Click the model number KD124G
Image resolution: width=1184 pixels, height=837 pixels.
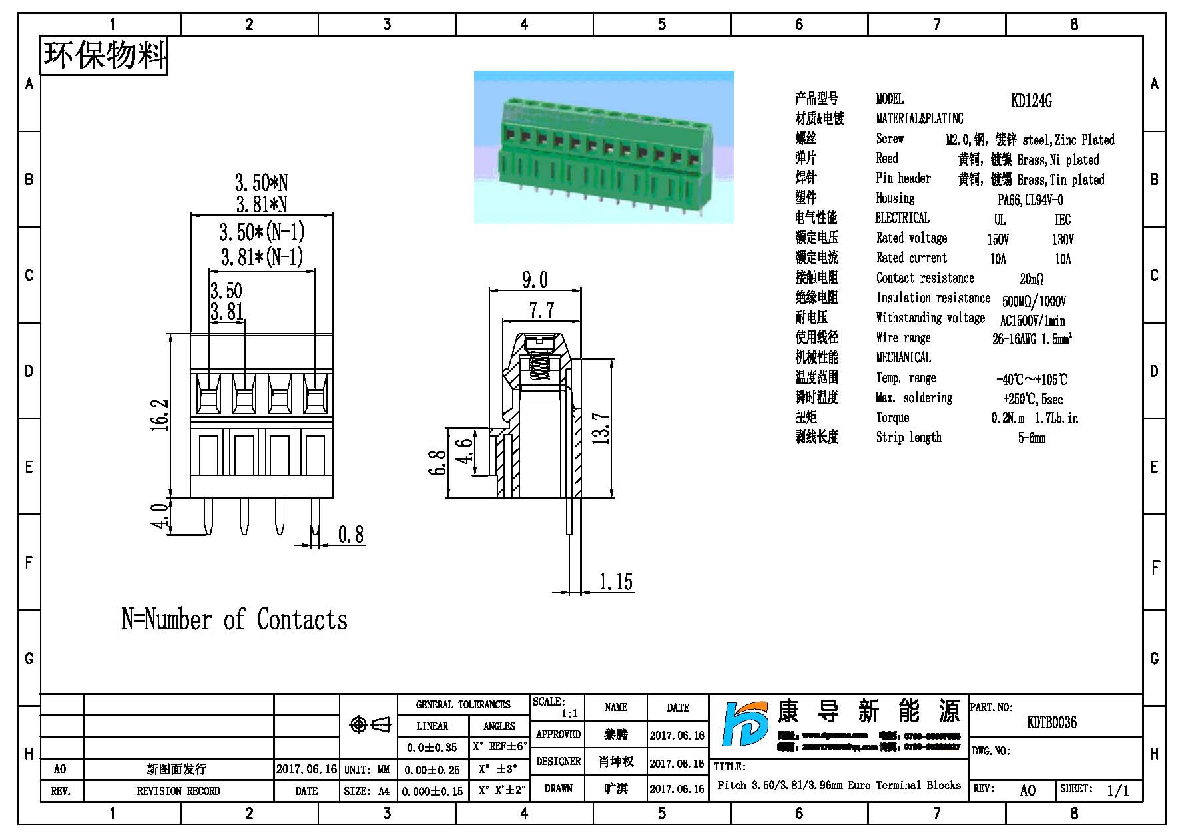point(1031,101)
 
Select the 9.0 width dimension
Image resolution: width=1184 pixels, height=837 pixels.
point(535,280)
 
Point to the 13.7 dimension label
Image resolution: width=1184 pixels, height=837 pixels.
point(601,428)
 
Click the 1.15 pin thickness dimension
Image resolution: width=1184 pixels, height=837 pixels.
point(615,582)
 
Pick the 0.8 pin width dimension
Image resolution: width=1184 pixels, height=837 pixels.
point(351,535)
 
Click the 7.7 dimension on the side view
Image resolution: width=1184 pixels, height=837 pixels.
point(541,310)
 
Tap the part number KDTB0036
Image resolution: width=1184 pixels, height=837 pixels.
point(1051,722)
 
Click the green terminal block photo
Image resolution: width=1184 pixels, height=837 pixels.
point(603,146)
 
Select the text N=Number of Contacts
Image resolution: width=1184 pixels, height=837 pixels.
point(234,620)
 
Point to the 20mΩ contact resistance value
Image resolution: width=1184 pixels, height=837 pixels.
point(1031,279)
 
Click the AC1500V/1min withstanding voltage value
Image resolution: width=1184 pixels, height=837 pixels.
point(1032,320)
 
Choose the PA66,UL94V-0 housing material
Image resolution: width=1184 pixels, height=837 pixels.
point(1030,200)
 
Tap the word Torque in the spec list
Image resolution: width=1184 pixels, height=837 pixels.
point(892,418)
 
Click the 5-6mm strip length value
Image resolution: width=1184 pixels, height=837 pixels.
point(1032,437)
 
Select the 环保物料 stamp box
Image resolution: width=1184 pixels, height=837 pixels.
point(104,55)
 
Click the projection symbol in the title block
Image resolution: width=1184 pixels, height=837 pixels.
point(369,724)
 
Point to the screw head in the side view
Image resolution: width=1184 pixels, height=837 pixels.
point(539,344)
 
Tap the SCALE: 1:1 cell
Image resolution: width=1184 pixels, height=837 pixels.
point(557,707)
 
